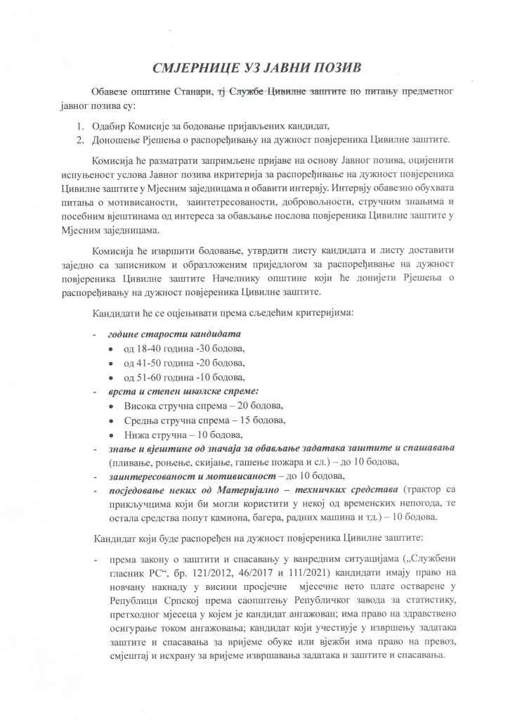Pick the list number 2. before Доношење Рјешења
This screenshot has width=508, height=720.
pos(80,139)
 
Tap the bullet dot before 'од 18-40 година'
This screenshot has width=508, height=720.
pos(111,348)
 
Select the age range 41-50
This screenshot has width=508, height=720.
pos(150,363)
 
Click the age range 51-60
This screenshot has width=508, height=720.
pos(150,378)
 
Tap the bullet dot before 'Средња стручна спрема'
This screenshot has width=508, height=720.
pos(111,421)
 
